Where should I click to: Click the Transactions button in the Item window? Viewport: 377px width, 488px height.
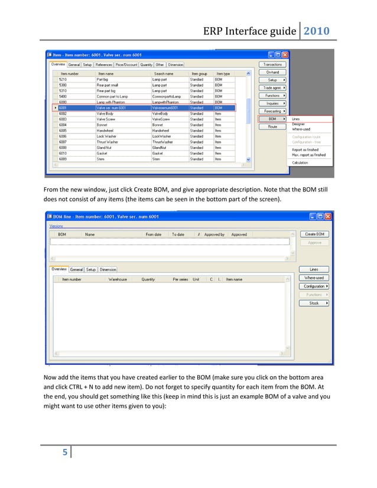point(272,64)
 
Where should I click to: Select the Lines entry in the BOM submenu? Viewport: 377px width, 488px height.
point(297,118)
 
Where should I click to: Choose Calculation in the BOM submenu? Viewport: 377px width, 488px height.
point(300,162)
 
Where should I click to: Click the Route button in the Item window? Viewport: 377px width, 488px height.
point(272,126)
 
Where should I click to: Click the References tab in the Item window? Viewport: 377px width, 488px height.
point(105,65)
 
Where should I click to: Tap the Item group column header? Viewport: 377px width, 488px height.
point(199,73)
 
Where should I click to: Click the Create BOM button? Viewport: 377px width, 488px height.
point(314,235)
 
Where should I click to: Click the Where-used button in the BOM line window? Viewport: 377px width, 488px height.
point(314,278)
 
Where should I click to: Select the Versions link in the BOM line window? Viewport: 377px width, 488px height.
point(56,226)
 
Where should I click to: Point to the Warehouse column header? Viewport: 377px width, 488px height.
point(118,279)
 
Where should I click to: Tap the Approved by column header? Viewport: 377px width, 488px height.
point(214,235)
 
